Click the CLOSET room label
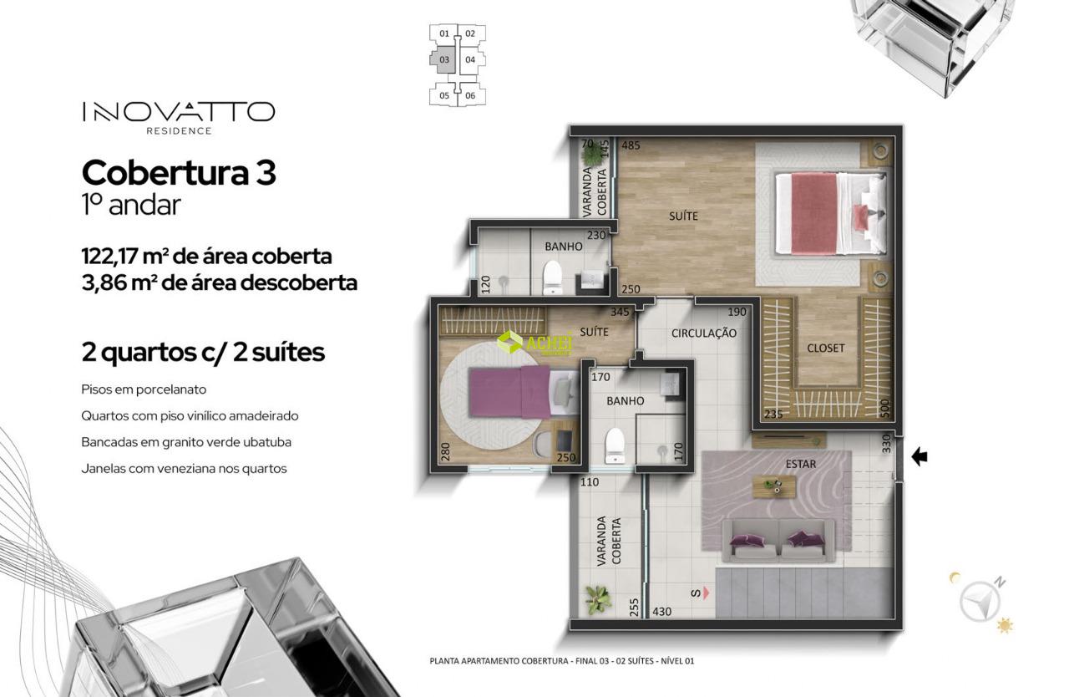[826, 348]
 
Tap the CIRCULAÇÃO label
[704, 333]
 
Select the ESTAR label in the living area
[801, 464]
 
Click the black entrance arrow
[920, 457]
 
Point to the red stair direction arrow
[706, 593]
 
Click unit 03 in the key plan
[443, 59]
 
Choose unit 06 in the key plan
[470, 95]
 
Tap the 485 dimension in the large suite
[631, 145]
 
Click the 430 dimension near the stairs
[662, 612]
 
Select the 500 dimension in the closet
[884, 408]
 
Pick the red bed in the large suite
[831, 213]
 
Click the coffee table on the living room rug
[774, 486]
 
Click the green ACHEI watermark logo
[534, 343]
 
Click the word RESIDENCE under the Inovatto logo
[179, 131]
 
